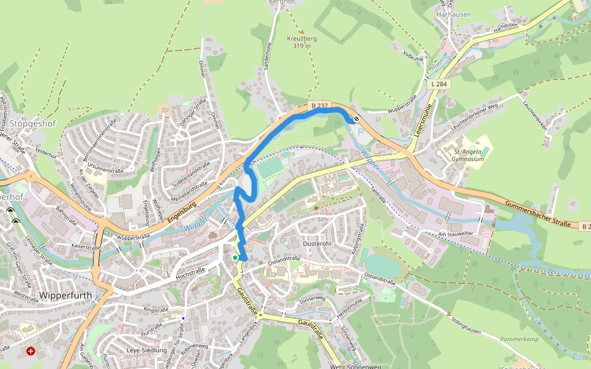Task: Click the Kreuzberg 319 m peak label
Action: pyautogui.click(x=302, y=42)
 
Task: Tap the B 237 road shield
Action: pyautogui.click(x=318, y=106)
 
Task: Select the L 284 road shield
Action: pyautogui.click(x=439, y=84)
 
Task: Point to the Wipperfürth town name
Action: pyautogui.click(x=65, y=295)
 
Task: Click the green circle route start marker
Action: pyautogui.click(x=235, y=258)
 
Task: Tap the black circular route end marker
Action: pyautogui.click(x=356, y=119)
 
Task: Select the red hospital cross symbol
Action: pyautogui.click(x=31, y=351)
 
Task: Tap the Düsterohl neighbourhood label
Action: pyautogui.click(x=317, y=244)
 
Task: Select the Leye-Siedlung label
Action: pyautogui.click(x=147, y=351)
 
